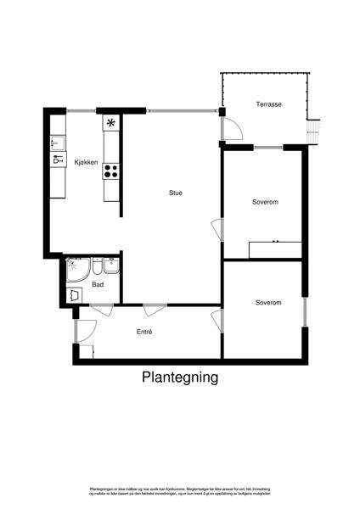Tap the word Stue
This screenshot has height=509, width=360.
pyautogui.click(x=175, y=193)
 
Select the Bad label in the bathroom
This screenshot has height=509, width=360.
pyautogui.click(x=98, y=284)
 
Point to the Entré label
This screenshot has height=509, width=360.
pyautogui.click(x=144, y=332)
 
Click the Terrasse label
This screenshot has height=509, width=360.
pyautogui.click(x=268, y=104)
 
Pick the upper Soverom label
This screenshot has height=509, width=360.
pyautogui.click(x=266, y=202)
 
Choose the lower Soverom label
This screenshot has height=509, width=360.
pyautogui.click(x=268, y=302)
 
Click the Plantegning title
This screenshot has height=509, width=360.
pyautogui.click(x=180, y=378)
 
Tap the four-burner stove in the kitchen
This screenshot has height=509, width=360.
pyautogui.click(x=110, y=171)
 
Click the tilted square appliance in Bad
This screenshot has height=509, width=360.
pyautogui.click(x=76, y=295)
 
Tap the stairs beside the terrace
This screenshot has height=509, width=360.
pyautogui.click(x=314, y=131)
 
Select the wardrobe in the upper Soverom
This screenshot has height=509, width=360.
pyautogui.click(x=275, y=249)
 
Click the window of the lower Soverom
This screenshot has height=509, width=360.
pyautogui.click(x=304, y=310)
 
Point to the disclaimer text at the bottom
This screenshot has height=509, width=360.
pyautogui.click(x=180, y=491)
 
